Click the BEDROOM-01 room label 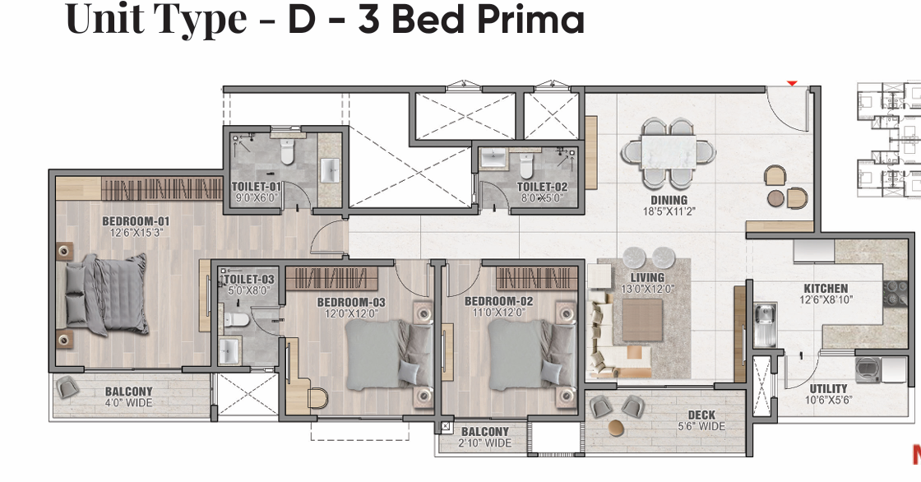point(136,221)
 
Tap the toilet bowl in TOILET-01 point(287,151)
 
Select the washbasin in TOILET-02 point(493,158)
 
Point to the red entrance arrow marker point(792,84)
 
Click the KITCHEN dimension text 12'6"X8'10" point(826,299)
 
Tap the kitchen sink point(765,324)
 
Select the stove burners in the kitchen point(896,293)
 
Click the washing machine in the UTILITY point(868,370)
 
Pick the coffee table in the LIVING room point(642,320)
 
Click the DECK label point(701,415)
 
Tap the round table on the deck point(616,428)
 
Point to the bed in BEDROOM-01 point(106,294)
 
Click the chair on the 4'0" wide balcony point(68,387)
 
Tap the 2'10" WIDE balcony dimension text point(484,443)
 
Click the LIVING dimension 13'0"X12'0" point(647,289)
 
